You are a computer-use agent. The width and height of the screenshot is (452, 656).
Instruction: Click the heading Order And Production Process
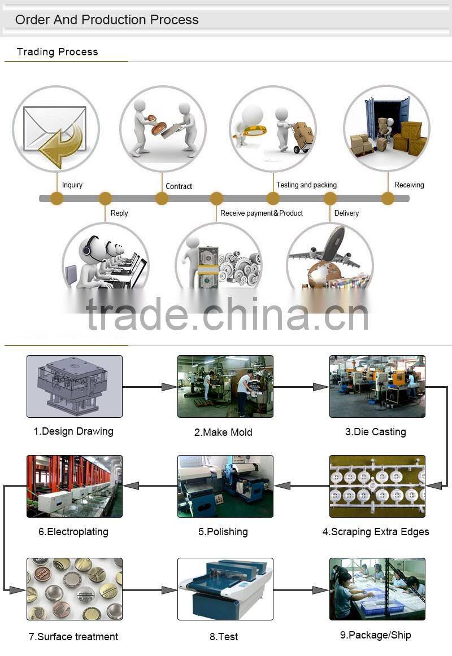(107, 20)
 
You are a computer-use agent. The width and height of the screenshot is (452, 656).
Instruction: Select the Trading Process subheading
(57, 52)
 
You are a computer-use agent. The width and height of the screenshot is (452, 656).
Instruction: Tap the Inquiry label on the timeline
(72, 185)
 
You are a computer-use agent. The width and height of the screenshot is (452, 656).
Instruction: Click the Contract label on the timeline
(179, 186)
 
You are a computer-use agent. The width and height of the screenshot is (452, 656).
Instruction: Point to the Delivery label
(346, 213)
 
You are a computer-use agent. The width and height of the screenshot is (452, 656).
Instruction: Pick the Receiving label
(409, 185)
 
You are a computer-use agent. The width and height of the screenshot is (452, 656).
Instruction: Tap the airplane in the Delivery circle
(328, 248)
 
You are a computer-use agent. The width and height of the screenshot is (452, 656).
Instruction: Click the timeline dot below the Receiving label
(388, 198)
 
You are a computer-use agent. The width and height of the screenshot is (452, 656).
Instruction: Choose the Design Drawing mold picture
(74, 386)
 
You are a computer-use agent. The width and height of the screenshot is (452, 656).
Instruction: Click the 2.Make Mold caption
(223, 432)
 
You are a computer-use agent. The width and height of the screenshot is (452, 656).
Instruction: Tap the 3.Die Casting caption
(375, 432)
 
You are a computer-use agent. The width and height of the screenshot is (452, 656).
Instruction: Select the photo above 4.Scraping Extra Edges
(377, 486)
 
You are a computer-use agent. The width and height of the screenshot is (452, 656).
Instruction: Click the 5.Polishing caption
(223, 532)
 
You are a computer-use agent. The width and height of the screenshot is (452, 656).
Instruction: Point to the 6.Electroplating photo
(74, 486)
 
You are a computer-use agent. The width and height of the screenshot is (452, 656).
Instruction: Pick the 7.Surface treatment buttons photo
(74, 589)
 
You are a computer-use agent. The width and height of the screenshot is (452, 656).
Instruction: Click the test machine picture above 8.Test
(225, 589)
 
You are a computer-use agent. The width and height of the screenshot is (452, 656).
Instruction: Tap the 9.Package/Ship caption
(375, 635)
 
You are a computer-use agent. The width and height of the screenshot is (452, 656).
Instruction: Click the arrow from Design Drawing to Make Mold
(150, 387)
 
